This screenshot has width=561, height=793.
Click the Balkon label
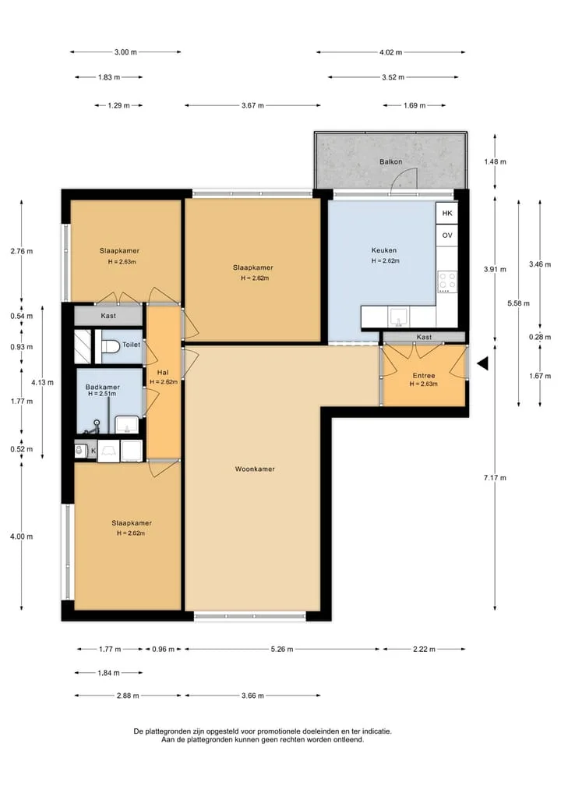click(390, 162)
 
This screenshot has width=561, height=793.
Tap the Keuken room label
click(384, 250)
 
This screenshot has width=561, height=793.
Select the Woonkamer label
click(255, 469)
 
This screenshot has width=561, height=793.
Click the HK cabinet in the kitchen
click(447, 213)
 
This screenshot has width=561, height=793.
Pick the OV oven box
click(447, 235)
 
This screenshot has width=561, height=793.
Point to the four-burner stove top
click(447, 281)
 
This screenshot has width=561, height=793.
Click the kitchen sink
click(399, 317)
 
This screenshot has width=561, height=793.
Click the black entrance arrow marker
click(482, 363)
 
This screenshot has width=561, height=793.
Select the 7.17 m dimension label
click(495, 477)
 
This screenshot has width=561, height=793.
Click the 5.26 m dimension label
click(282, 649)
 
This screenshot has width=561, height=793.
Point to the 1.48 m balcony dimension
click(495, 162)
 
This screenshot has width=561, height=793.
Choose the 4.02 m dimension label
click(390, 52)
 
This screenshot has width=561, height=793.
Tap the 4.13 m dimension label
click(42, 382)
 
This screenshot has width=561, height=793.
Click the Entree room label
click(424, 375)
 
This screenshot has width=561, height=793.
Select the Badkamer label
click(103, 387)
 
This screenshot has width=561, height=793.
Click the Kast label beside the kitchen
click(424, 337)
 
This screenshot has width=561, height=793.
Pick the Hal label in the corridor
click(163, 372)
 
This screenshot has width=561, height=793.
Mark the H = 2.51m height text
click(101, 394)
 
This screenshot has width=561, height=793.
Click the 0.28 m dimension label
click(540, 337)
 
